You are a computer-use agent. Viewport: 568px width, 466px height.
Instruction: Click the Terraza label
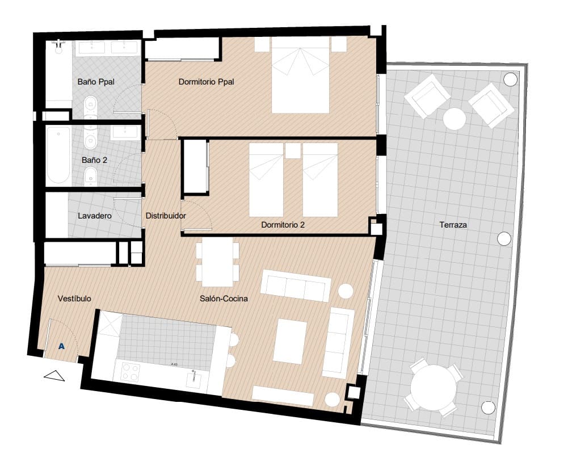pyautogui.click(x=453, y=225)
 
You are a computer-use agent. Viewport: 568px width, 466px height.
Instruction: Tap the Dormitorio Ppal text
pyautogui.click(x=206, y=82)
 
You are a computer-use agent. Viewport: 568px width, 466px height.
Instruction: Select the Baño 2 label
pyautogui.click(x=94, y=160)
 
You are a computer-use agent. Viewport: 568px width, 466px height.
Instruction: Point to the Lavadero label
pyautogui.click(x=94, y=216)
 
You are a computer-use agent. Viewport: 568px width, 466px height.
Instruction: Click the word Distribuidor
pyautogui.click(x=166, y=216)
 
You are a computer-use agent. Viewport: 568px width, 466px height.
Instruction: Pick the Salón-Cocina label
pyautogui.click(x=224, y=298)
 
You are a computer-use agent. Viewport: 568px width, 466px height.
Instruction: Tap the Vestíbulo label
pyautogui.click(x=74, y=298)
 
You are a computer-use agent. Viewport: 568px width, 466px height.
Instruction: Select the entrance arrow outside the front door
pyautogui.click(x=55, y=375)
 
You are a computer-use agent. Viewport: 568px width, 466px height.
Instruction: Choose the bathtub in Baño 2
pyautogui.click(x=58, y=154)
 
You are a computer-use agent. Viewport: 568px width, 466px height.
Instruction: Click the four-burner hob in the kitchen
pyautogui.click(x=131, y=372)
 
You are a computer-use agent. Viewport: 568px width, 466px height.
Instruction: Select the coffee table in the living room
pyautogui.click(x=289, y=341)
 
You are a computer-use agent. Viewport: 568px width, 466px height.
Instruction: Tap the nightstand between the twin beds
pyautogui.click(x=293, y=150)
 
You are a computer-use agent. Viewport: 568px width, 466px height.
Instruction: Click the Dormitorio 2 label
pyautogui.click(x=283, y=225)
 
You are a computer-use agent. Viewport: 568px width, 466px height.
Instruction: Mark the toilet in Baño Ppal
pyautogui.click(x=90, y=106)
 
